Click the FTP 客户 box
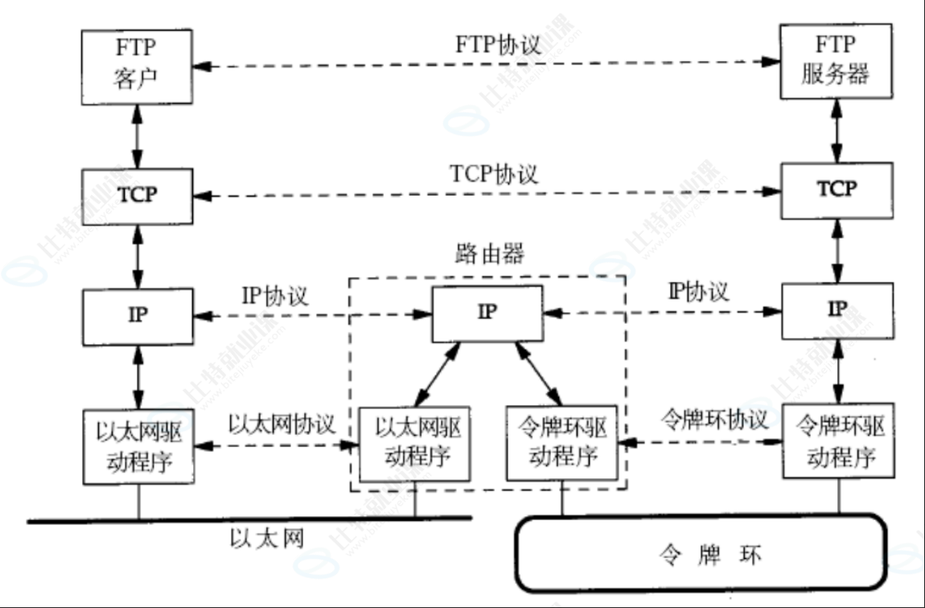(138, 68)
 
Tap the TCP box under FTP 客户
(138, 196)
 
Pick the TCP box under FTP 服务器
(837, 190)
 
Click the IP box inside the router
(487, 313)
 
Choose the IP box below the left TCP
(138, 314)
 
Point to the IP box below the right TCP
(837, 309)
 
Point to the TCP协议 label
(495, 173)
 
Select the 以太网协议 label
(281, 424)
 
